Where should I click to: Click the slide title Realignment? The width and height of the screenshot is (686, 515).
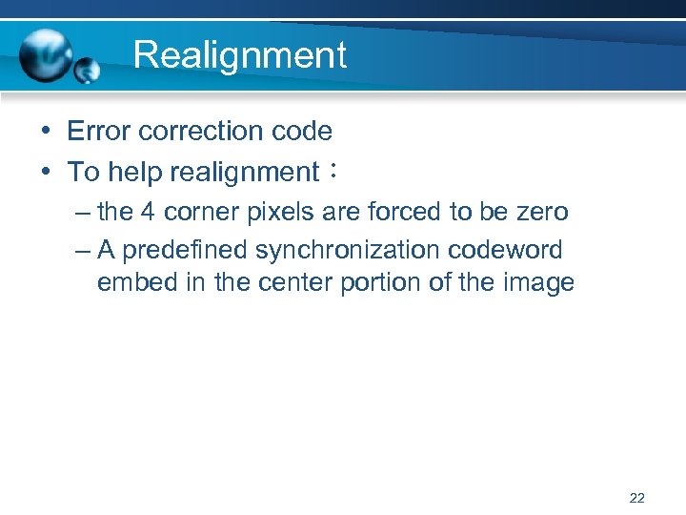(x=239, y=55)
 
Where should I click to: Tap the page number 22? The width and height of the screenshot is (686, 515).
(x=637, y=497)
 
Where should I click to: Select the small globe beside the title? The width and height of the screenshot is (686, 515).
(x=88, y=71)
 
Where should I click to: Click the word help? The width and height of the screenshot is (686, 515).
(x=133, y=173)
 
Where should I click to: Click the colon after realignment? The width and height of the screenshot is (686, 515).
(x=332, y=173)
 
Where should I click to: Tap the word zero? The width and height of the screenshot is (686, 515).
(x=540, y=212)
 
